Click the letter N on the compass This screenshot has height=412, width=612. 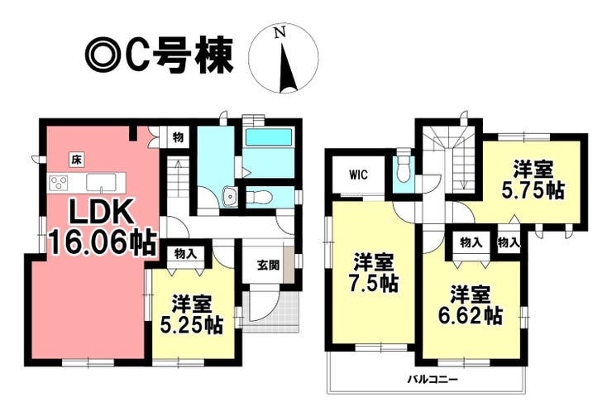[279, 32]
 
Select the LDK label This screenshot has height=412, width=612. [99, 213]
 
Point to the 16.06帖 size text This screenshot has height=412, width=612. [103, 242]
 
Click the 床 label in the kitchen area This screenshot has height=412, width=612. [77, 160]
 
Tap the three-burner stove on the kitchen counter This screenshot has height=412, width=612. [59, 183]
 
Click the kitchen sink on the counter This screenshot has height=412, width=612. [101, 183]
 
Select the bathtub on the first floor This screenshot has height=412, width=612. [269, 137]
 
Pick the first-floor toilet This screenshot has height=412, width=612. [258, 197]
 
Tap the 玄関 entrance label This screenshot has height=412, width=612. [268, 266]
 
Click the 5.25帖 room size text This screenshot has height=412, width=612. [193, 325]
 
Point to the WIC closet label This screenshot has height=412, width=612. [358, 175]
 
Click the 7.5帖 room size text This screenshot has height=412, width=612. [375, 283]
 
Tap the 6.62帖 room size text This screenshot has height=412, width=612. [471, 315]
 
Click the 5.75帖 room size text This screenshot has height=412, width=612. [533, 191]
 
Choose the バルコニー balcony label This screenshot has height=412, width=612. [433, 379]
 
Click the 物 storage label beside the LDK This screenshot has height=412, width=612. [178, 137]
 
